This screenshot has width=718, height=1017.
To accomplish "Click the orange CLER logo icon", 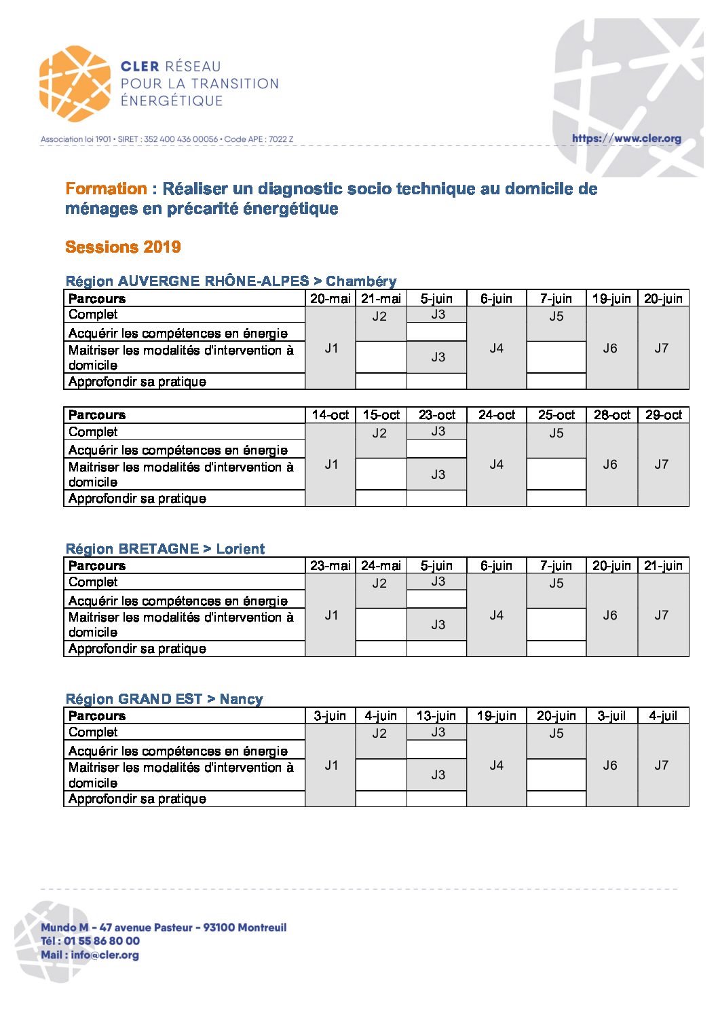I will tap(74, 84).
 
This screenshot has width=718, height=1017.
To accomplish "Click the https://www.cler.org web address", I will tap(626, 139).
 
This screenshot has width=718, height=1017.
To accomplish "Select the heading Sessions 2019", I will tap(123, 247).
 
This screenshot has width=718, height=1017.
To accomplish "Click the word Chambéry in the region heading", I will tap(361, 281).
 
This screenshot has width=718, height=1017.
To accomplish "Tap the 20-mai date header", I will tap(330, 299).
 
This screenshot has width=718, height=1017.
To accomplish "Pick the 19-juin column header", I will tap(611, 299).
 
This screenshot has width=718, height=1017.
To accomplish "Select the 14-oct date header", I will tap(330, 415).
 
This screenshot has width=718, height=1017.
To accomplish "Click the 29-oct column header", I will tap(663, 415).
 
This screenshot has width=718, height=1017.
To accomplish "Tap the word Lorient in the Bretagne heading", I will tap(240, 549).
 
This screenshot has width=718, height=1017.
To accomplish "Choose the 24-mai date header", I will tap(381, 566).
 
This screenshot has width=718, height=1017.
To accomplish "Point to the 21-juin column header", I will tap(663, 566).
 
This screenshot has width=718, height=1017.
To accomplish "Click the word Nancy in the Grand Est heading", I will tap(241, 699).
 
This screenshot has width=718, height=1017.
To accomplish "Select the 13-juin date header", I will tap(436, 716).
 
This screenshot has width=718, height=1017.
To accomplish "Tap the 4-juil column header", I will tap(663, 716).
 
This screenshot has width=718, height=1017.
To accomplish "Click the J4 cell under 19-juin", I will tap(496, 766).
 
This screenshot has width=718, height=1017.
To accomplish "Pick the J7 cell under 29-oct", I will tap(662, 465).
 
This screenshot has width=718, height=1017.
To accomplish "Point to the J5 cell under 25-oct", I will tap(556, 433).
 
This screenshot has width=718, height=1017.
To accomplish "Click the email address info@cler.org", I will tap(105, 954).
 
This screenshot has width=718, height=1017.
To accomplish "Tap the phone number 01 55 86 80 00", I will tap(102, 941).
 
